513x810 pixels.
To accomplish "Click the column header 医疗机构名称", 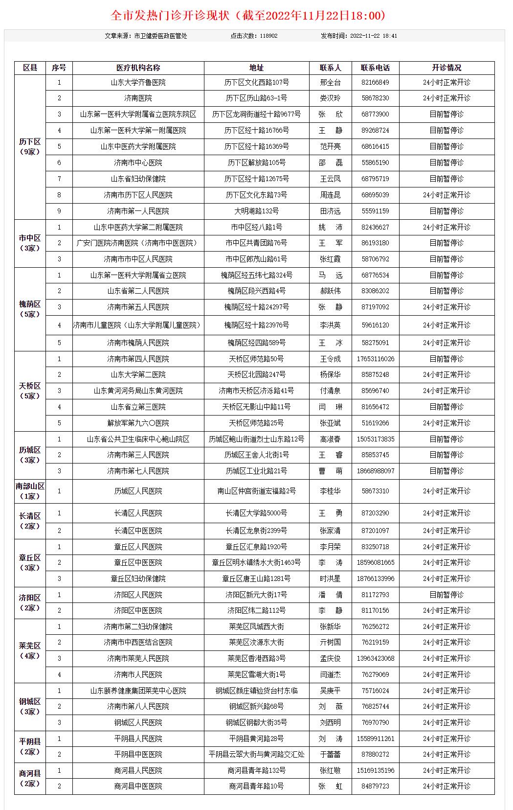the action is coord(138,68).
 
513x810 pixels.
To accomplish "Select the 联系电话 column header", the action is coord(375,68).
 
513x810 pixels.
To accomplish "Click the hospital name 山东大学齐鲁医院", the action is coord(138,83).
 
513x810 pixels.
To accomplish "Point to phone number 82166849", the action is coord(375,83).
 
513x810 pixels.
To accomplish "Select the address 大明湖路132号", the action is coord(256,211).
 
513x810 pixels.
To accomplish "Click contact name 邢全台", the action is coord(330,83).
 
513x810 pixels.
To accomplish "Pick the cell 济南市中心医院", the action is coord(138,163).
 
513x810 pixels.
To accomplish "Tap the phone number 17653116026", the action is coord(375,359).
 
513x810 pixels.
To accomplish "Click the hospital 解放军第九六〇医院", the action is coord(138,423).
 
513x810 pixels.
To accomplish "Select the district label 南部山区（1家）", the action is coord(30,491).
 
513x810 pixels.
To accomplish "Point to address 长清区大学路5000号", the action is coord(256,513).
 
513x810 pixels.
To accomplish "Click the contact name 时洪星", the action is coord(330,579).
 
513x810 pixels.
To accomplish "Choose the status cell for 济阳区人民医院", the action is coord(446,595).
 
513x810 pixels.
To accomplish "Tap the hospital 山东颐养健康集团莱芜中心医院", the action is coord(138,691).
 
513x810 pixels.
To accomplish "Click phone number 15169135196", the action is coord(375,771).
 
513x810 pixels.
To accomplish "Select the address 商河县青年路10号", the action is coord(256,787).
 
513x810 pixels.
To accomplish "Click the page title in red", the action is coord(248,16).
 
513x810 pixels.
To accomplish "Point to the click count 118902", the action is coord(268,36).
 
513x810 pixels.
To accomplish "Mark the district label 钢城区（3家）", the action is coord(30,707).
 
